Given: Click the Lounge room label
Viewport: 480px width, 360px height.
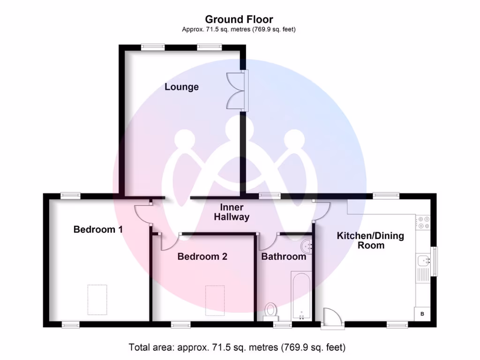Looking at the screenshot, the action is click(x=181, y=87).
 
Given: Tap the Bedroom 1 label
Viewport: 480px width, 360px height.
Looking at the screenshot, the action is click(x=98, y=229).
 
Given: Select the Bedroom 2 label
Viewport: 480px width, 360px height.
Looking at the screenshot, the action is click(x=202, y=256).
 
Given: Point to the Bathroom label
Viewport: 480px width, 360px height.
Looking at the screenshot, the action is click(x=284, y=256).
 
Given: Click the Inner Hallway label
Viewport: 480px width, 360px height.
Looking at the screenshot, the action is click(x=232, y=212).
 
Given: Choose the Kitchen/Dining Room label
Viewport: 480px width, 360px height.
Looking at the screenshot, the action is click(x=370, y=240).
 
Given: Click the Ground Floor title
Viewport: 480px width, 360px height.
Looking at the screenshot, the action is click(x=239, y=19).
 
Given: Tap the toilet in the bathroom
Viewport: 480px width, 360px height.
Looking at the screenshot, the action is click(x=270, y=311).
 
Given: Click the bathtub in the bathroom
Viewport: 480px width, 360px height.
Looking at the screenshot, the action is click(x=301, y=296).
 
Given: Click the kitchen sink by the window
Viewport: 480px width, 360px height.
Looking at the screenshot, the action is click(x=424, y=261).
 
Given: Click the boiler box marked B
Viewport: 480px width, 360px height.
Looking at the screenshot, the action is click(x=422, y=314).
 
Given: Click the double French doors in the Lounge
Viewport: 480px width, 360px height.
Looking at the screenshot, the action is click(x=236, y=91).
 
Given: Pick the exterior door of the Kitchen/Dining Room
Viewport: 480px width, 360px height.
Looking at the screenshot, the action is click(x=332, y=318).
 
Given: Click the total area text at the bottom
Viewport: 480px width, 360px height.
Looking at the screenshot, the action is click(x=237, y=347).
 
